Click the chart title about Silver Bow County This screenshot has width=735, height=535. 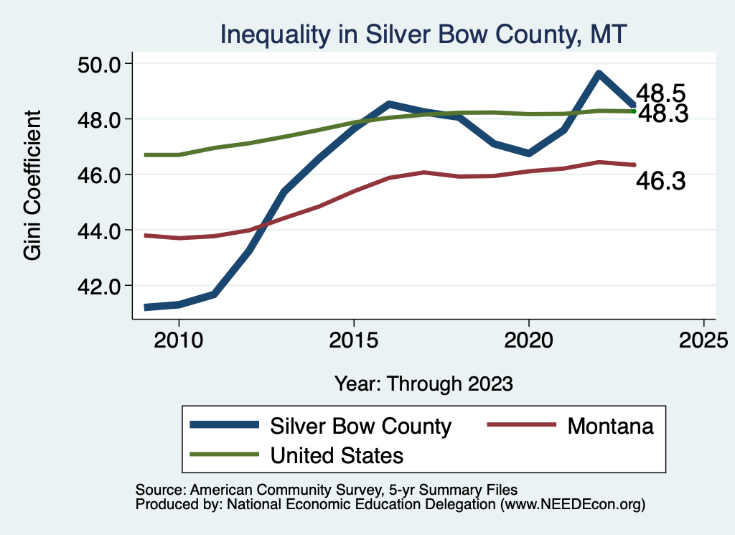pos(423,34)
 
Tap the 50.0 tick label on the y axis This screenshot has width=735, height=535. pos(98,64)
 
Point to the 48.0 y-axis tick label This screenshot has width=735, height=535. pos(98,119)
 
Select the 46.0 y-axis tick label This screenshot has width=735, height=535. pos(98,175)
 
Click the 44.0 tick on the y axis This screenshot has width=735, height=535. pos(98,231)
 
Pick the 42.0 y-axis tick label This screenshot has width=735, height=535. pos(98,286)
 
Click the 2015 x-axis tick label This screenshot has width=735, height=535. pos(353,339)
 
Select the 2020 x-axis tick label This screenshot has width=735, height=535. pos(528,339)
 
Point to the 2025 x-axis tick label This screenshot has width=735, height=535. pos(703,339)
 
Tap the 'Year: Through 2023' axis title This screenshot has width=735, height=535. pos(423,383)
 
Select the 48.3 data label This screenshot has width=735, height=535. pos(663,113)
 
